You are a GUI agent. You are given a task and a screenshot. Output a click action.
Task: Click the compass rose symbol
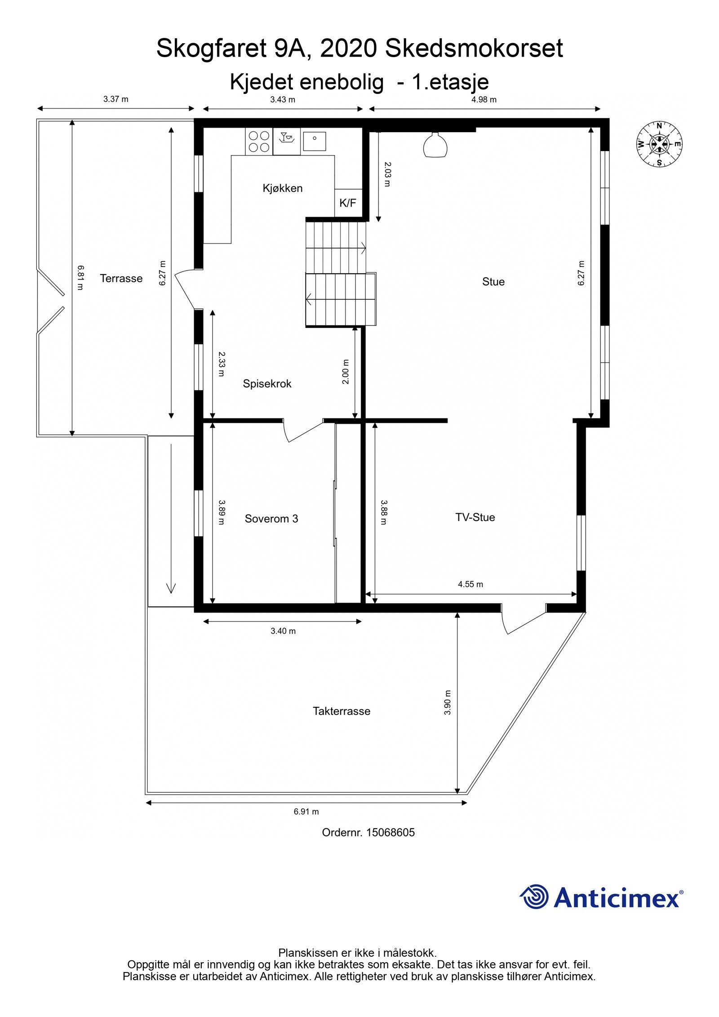(659, 144)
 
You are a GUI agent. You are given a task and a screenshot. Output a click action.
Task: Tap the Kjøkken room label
(283, 188)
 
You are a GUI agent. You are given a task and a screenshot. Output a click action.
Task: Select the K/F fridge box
(348, 203)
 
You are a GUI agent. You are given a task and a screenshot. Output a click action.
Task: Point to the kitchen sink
(315, 141)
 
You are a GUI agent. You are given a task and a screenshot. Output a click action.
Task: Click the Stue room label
(493, 282)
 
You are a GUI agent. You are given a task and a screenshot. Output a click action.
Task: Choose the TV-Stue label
(475, 517)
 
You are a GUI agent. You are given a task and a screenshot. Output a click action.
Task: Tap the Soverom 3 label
(271, 519)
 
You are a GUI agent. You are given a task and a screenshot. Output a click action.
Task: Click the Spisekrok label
(267, 384)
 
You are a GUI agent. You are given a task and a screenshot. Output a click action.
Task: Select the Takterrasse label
(342, 711)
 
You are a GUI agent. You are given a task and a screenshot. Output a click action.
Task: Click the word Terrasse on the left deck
(121, 279)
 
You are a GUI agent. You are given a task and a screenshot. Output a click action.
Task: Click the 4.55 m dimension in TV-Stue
(470, 584)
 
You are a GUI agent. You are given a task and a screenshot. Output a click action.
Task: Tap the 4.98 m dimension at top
(484, 100)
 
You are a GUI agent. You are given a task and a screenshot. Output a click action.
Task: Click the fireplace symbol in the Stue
(435, 146)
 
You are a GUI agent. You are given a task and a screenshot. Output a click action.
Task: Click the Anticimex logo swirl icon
(535, 897)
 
